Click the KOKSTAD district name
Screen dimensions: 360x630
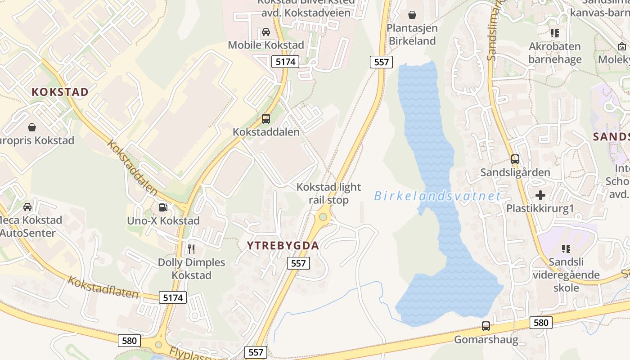(x=60, y=92)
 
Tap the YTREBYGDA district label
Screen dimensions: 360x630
(x=283, y=246)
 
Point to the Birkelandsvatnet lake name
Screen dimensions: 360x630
(x=437, y=196)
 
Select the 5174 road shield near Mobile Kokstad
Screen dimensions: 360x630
(x=285, y=62)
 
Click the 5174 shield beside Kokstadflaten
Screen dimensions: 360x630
(x=173, y=297)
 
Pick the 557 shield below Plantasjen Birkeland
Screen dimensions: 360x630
(x=381, y=62)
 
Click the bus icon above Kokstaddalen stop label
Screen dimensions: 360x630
(x=266, y=119)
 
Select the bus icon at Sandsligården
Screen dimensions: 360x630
(x=515, y=159)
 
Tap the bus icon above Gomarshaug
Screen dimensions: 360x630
(x=486, y=326)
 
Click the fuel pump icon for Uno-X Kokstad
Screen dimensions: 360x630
(x=163, y=207)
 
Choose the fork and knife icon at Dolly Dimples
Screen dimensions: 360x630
(x=191, y=249)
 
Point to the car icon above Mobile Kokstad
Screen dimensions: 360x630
(x=266, y=32)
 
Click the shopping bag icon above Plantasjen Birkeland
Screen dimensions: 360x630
(x=412, y=15)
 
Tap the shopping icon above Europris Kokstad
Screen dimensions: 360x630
(x=32, y=127)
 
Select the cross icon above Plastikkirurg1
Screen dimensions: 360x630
(x=540, y=195)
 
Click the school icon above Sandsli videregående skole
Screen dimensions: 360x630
(x=566, y=248)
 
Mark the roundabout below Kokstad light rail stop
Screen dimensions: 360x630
(x=323, y=217)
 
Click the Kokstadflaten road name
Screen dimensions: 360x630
(x=103, y=287)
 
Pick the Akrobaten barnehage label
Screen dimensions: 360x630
(x=555, y=53)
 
